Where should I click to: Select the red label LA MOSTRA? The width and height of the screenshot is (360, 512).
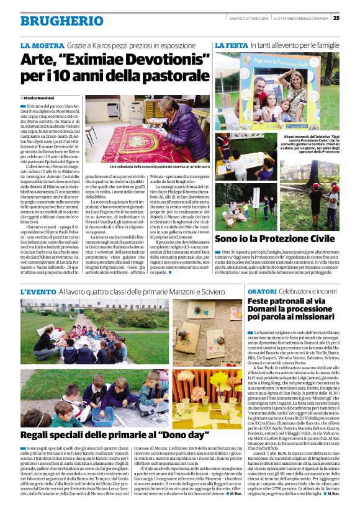click(42, 46)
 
